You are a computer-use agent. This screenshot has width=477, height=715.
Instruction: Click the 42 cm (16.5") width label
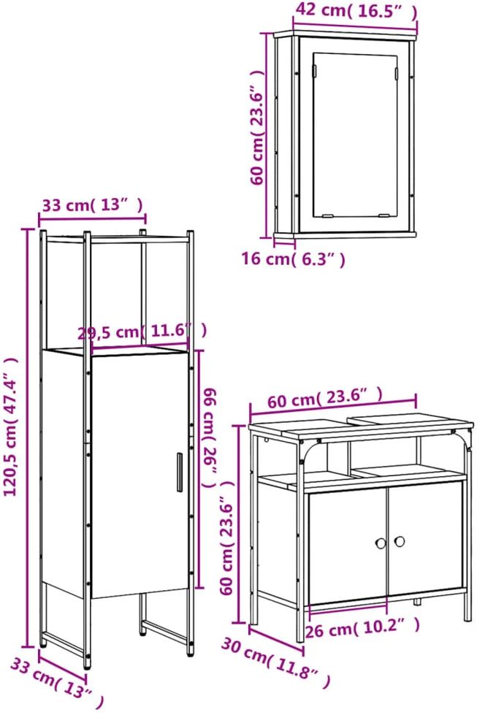356,11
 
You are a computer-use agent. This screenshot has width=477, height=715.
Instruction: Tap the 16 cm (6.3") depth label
293,259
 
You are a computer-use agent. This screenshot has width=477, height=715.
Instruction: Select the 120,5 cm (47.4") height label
12,427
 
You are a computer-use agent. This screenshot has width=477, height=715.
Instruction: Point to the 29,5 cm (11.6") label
142,331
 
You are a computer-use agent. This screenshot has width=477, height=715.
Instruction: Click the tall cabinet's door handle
180,472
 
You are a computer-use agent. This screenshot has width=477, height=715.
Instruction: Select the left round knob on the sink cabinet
381,543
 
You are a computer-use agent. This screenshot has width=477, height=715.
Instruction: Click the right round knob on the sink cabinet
400,541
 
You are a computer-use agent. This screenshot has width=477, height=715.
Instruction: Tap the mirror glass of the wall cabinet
354,135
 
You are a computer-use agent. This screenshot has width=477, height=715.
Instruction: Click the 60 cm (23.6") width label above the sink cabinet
324,399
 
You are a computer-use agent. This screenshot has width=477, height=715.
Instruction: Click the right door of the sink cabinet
425,538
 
